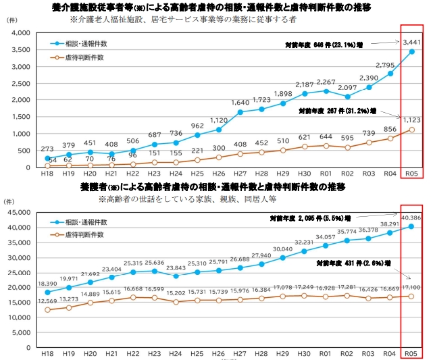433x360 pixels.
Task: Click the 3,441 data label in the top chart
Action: [412, 42]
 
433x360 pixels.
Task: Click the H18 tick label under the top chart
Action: [47, 175]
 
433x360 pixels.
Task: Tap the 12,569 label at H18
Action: [47, 301]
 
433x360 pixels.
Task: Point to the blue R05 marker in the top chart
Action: [411, 51]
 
